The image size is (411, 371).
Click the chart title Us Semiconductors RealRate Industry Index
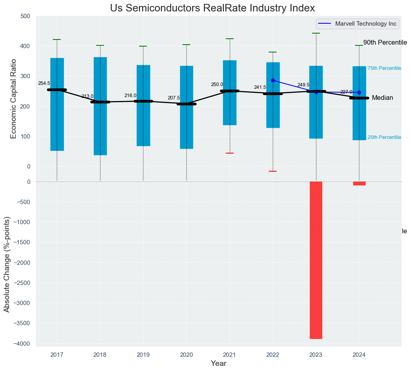pos(212,8)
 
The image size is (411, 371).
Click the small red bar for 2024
pos(359,183)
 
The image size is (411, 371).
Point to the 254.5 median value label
pos(44,84)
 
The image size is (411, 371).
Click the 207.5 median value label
pos(173,98)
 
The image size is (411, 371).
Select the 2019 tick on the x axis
pos(143,355)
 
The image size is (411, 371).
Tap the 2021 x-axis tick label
pos(229,355)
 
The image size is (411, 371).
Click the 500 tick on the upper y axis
pos(25,16)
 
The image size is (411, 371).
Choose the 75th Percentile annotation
pos(384,69)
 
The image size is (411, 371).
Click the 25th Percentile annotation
pos(384,137)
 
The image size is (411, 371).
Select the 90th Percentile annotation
pos(385,43)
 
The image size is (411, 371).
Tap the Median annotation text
pos(382,98)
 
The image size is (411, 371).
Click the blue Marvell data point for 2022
pos(273,81)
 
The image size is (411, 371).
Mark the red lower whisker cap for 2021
pos(230,153)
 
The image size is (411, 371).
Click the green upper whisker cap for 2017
pos(57,39)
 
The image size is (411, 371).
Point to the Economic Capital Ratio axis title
pos(14,98)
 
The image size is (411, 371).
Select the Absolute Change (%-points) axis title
pos(7,264)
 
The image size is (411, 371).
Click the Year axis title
pos(218,363)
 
